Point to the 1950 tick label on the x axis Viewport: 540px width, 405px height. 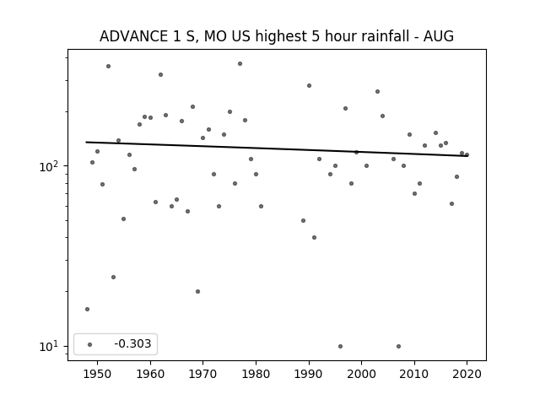pos(97,374)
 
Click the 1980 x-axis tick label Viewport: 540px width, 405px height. pos(256,374)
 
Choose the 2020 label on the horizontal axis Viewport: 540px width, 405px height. pos(467,374)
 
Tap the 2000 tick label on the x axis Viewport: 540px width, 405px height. pos(361,374)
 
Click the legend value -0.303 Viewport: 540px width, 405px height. pos(132,343)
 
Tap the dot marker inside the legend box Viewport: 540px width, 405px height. pos(90,344)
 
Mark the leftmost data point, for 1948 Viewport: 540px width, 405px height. pos(87,310)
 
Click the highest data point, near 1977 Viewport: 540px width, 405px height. pos(240,64)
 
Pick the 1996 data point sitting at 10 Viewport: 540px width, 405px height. pos(340,346)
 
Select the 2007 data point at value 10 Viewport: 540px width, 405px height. pos(398,346)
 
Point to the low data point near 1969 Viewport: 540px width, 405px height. pos(197,291)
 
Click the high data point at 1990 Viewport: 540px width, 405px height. pos(309,85)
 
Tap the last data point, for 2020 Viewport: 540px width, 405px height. pos(467,154)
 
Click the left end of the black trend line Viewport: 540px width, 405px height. pos(86,142)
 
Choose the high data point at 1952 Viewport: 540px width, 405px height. pos(108,66)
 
